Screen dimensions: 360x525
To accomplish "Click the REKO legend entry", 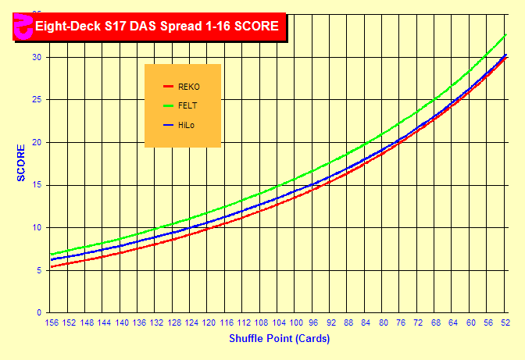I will pyautogui.click(x=189, y=87).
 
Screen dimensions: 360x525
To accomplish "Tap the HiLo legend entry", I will pyautogui.click(x=186, y=125).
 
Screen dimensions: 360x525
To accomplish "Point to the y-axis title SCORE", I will pyautogui.click(x=22, y=163).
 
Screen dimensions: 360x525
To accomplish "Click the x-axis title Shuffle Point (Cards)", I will pyautogui.click(x=279, y=339).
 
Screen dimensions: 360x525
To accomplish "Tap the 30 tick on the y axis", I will pyautogui.click(x=37, y=58).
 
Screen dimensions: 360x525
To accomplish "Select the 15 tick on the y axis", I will pyautogui.click(x=37, y=185).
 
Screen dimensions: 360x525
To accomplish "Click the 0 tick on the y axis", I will pyautogui.click(x=39, y=312).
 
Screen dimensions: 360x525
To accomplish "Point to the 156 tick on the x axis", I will pyautogui.click(x=52, y=323).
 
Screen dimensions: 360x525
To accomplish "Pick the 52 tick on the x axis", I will pyautogui.click(x=505, y=323).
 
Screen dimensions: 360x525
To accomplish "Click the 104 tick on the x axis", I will pyautogui.click(x=279, y=323).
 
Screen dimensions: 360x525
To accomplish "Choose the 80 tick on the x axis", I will pyautogui.click(x=384, y=323).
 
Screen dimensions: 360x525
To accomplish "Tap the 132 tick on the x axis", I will pyautogui.click(x=157, y=323).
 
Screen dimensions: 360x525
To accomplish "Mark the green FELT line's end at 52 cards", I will pyautogui.click(x=506, y=34).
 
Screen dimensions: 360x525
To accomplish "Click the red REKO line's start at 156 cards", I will pyautogui.click(x=52, y=266).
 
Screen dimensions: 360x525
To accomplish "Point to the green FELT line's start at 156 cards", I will pyautogui.click(x=52, y=254).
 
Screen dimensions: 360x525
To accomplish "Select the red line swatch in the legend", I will pyautogui.click(x=167, y=87).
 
